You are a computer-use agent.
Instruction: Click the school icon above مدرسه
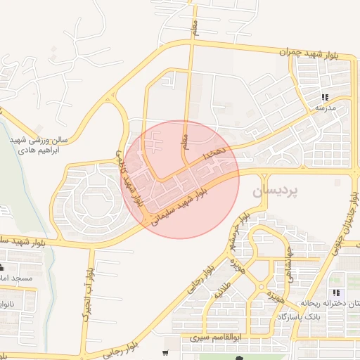(325, 97)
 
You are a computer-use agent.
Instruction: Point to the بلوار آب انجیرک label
(86, 295)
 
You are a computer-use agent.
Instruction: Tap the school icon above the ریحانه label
(337, 292)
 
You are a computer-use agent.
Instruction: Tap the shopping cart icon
(165, 353)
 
